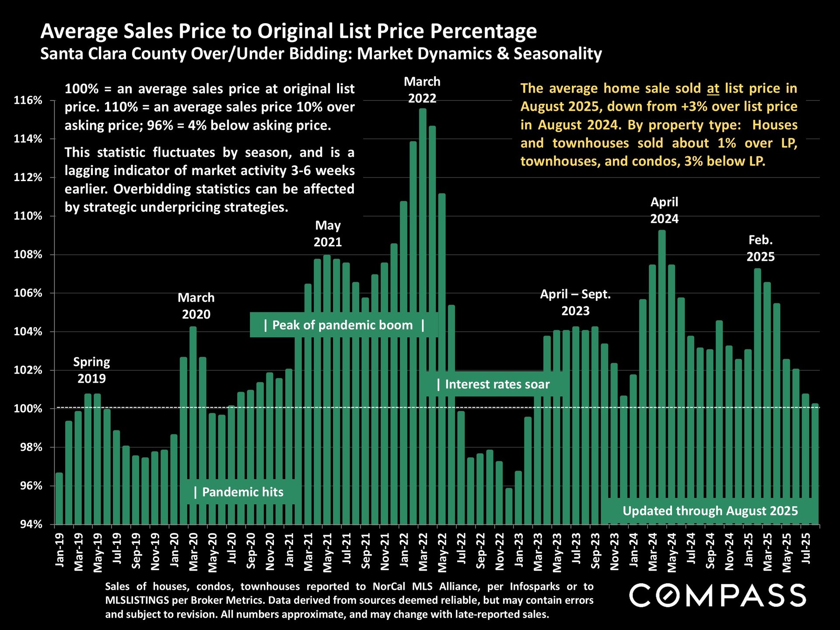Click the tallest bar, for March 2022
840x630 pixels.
423,315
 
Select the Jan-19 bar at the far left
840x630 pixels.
59,499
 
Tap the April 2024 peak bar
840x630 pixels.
662,376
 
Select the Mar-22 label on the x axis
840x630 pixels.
423,552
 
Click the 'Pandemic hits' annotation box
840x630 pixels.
240,492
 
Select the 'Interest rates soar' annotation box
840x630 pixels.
494,384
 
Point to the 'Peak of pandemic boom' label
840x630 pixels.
343,325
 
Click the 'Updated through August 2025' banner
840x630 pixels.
710,511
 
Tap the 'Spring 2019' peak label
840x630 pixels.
91,370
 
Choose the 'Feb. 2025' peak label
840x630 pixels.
760,248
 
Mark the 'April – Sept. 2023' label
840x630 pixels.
575,302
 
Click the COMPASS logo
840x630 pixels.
717,595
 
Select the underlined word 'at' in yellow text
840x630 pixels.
713,89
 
